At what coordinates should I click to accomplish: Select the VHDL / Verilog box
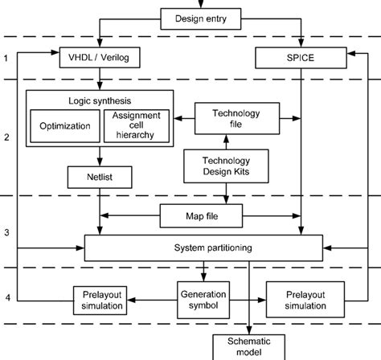(100, 57)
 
